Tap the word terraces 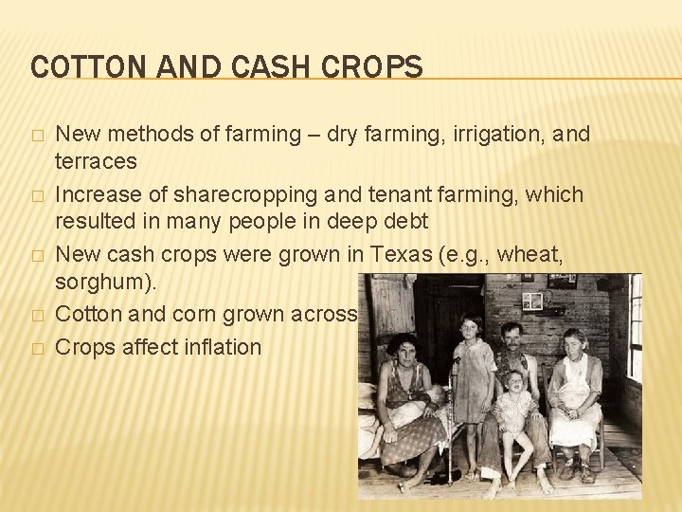coord(96,161)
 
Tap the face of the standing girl coord(470,328)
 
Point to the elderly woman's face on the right coord(576,341)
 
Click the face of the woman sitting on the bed coord(402,350)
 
